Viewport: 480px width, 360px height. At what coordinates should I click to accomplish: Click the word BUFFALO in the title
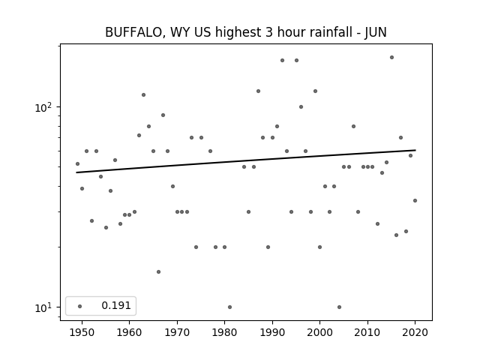coord(133,32)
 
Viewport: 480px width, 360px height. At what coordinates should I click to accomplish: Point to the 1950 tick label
coord(82,332)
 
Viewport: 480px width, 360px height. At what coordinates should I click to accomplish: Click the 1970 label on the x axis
coord(177,332)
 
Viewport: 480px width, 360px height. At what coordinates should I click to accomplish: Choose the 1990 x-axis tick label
coord(272,332)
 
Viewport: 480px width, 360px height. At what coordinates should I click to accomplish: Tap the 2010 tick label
coord(367,332)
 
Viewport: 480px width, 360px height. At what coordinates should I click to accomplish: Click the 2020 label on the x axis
coord(415,332)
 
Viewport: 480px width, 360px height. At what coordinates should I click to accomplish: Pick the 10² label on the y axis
coord(43,107)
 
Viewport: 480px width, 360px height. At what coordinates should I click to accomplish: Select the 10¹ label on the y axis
coord(43,307)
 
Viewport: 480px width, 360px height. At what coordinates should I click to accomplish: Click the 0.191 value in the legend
coord(116,305)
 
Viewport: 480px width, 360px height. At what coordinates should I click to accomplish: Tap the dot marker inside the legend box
coord(80,306)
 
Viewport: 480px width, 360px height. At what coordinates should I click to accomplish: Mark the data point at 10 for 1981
coord(230,307)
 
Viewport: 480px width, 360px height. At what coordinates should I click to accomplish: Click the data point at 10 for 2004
coord(339,307)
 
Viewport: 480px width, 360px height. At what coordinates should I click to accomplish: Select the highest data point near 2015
coord(391,57)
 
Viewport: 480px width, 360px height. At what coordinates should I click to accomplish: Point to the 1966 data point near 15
coord(158,271)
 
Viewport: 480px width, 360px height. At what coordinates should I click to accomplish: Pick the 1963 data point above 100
coord(143,95)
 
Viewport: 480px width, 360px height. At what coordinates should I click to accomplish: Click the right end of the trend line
coord(415,150)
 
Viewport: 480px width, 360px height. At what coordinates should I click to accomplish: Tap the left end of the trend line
coord(76,172)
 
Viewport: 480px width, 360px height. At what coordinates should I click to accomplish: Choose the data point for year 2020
coord(415,200)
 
